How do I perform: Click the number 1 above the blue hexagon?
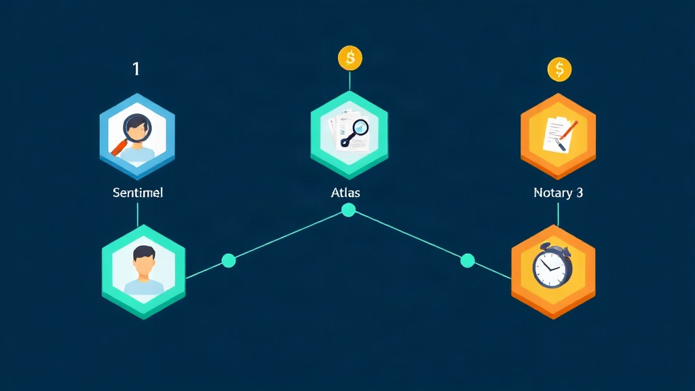point(136,69)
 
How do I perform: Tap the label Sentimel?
point(138,193)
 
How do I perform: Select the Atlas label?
point(345,193)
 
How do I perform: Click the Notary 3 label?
point(558,193)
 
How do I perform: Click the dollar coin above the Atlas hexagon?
point(350,58)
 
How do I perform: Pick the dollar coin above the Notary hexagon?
point(559,70)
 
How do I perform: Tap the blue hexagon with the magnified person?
point(137,136)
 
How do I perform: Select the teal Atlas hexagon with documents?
point(350,135)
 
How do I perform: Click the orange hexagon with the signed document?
point(558,136)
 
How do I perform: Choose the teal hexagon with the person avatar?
point(144,272)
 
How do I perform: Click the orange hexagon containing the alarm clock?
point(553,272)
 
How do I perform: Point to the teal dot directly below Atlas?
point(348,210)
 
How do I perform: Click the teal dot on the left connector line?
point(229,261)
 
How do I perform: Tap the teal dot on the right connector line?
point(468,261)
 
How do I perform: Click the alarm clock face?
point(550,267)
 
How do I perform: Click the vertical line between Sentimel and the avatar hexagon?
point(138,215)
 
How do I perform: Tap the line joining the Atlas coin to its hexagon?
point(350,81)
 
